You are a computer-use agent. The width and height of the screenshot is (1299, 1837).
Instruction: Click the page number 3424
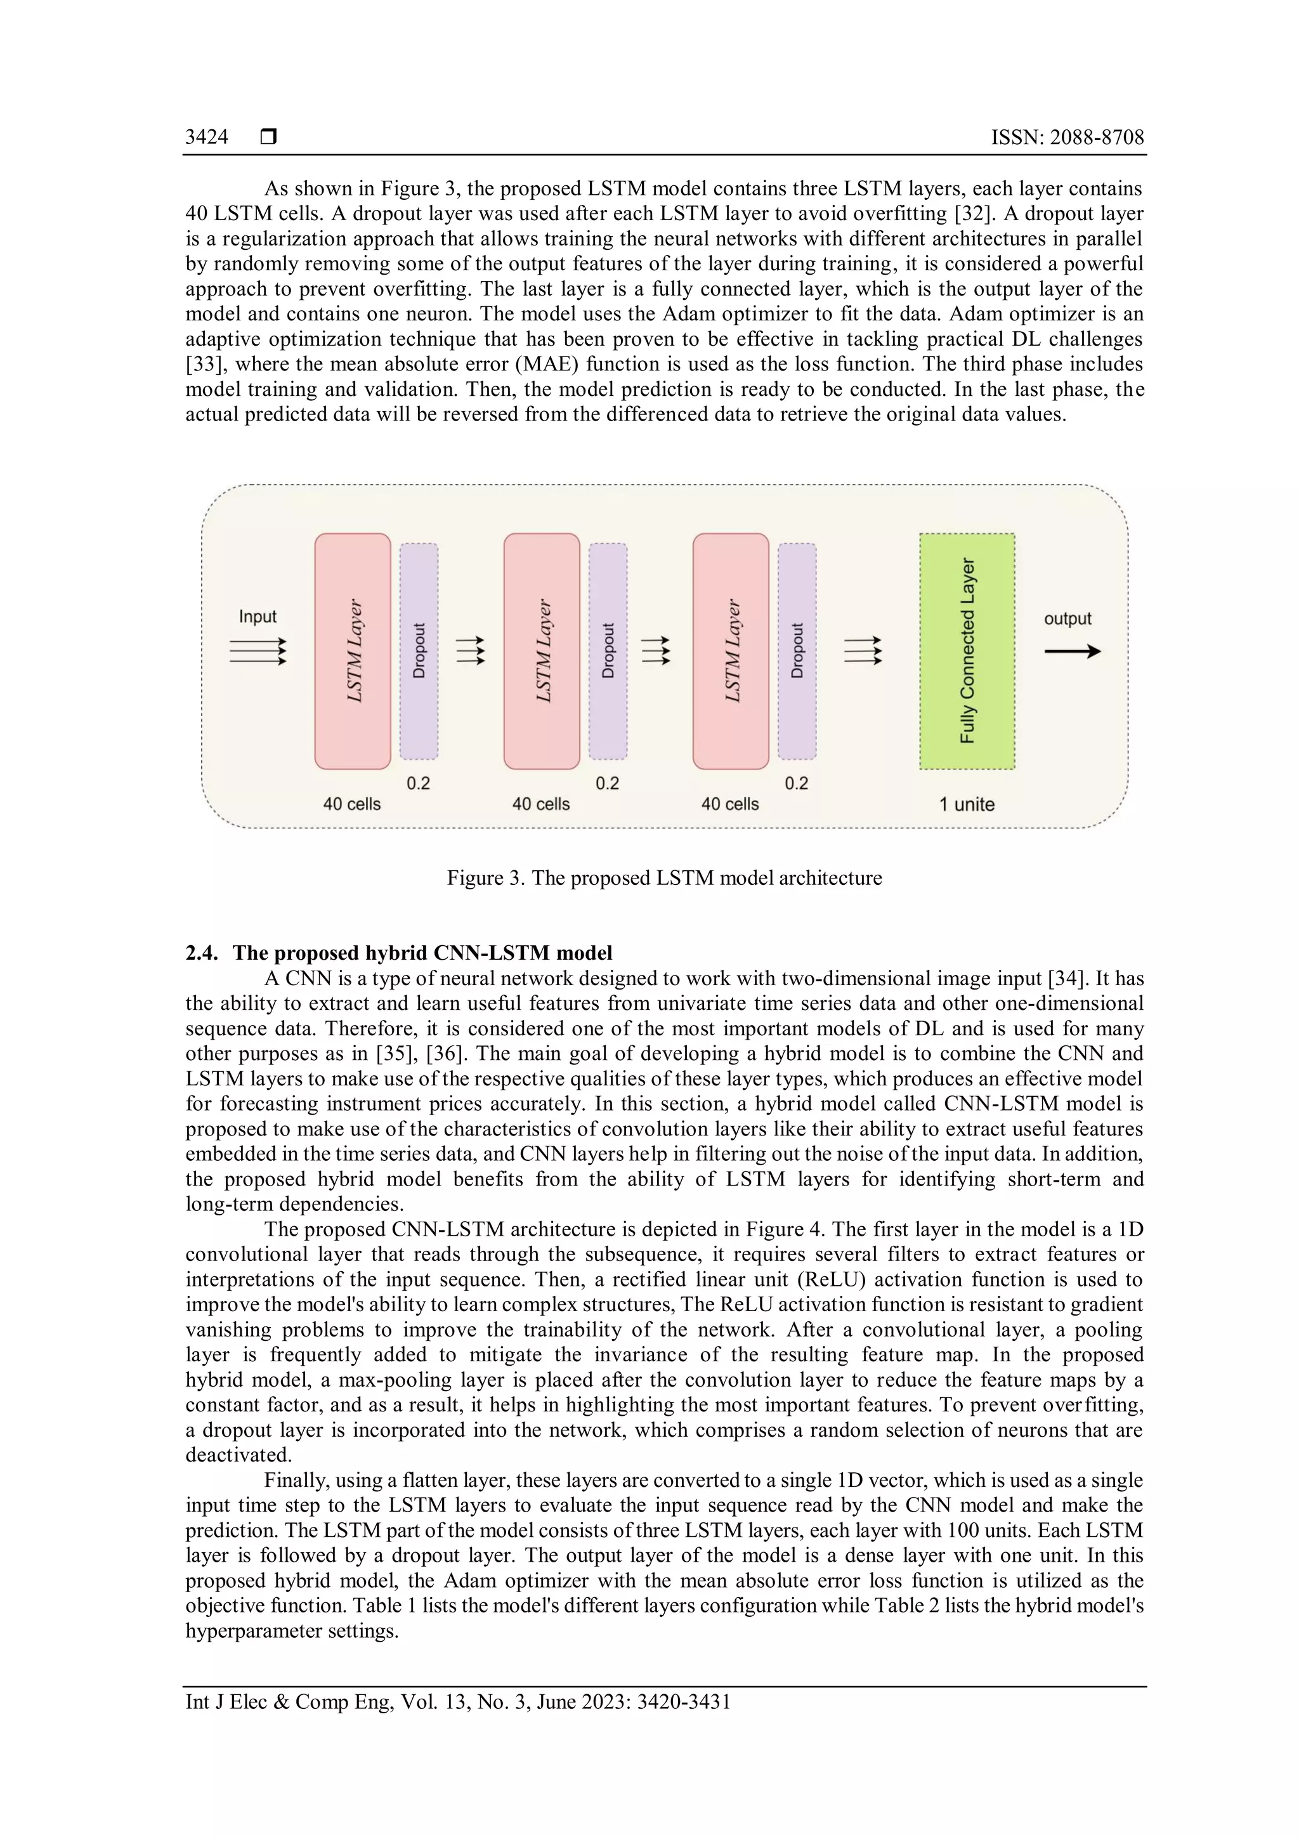point(206,137)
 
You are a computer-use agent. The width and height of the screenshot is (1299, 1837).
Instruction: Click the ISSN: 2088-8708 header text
point(1067,137)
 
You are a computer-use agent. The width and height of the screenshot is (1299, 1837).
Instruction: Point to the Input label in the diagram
point(258,617)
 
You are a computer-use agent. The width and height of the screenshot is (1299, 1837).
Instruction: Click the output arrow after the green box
point(1072,651)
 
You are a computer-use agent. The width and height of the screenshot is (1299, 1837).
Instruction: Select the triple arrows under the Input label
point(258,651)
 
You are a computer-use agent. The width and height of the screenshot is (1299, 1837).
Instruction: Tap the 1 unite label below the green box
point(967,804)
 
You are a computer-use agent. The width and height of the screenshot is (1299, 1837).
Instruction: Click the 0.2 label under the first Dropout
point(419,783)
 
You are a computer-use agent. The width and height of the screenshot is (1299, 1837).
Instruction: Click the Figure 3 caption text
point(664,878)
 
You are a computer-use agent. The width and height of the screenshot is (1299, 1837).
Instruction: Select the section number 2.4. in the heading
point(202,953)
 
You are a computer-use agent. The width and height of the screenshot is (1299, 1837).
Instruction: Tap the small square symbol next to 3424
point(269,137)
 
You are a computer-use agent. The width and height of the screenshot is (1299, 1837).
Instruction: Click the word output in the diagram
point(1067,618)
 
